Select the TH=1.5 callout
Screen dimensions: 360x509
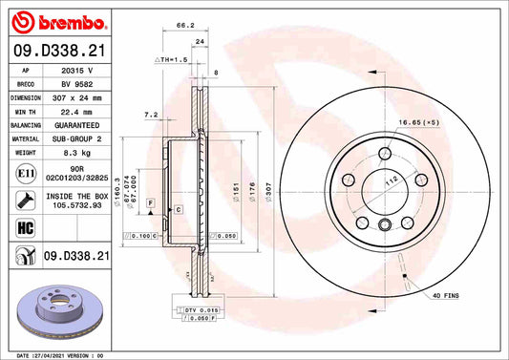click(x=172, y=59)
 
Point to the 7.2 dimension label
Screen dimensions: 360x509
click(x=150, y=115)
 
